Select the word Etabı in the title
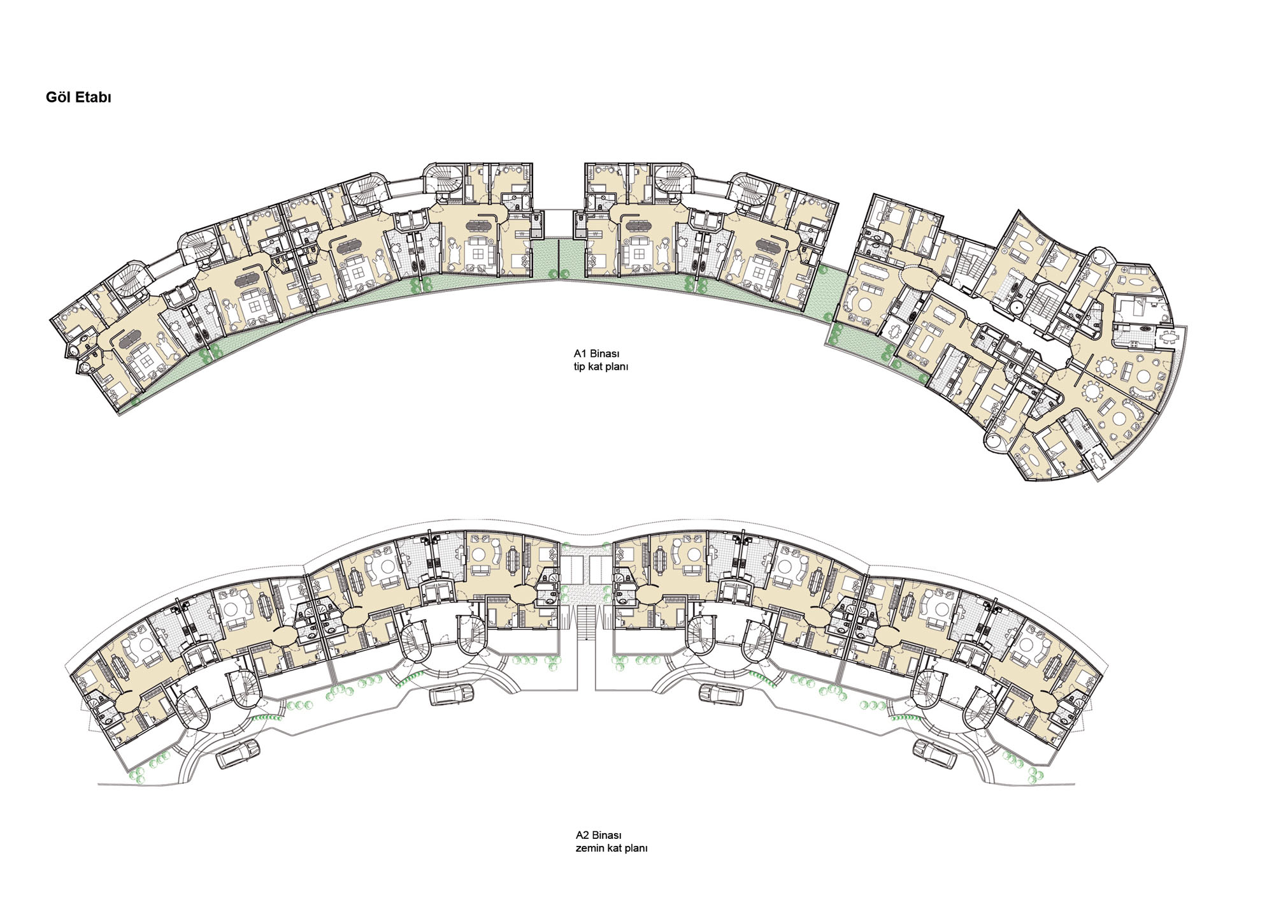93,97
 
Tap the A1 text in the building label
580,354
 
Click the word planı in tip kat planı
616,367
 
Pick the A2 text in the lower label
582,835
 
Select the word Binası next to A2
607,835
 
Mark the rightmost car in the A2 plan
934,753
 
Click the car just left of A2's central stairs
452,694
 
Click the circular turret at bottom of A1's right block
992,442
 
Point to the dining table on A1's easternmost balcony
1166,337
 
